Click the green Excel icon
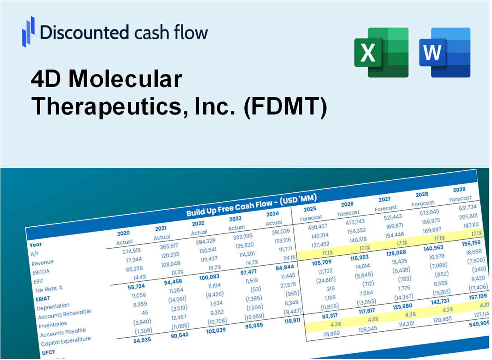click(381, 52)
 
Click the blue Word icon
click(445, 52)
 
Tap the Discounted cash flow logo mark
click(28, 32)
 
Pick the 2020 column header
click(123, 233)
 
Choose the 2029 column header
click(459, 189)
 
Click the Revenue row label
click(42, 262)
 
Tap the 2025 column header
click(310, 209)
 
